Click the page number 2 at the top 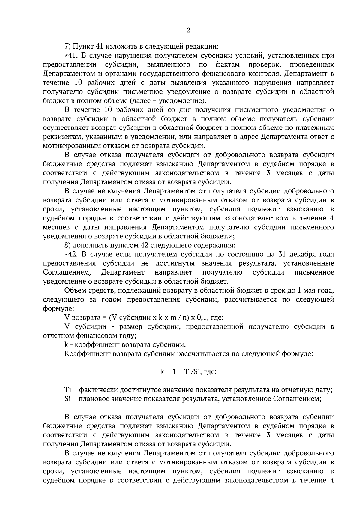[188, 30]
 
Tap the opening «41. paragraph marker [71, 55]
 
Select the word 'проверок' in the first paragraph [264, 64]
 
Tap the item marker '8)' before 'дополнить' [67, 245]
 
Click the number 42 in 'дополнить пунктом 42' [144, 245]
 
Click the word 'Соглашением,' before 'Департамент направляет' [67, 272]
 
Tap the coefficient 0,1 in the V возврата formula [203, 317]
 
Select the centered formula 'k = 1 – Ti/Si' [188, 372]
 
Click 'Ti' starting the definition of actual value [67, 390]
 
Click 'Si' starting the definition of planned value [67, 399]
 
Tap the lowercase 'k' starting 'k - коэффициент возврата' [66, 344]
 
